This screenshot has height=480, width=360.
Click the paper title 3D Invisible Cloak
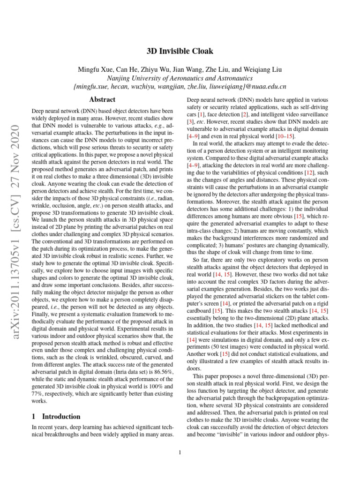(180, 51)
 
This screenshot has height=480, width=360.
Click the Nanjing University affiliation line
(180, 78)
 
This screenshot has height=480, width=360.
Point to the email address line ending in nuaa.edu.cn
(180, 87)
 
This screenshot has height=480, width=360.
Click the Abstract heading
(102, 99)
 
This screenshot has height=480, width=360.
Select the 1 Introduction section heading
(56, 416)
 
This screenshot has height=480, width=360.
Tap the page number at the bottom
(180, 452)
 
